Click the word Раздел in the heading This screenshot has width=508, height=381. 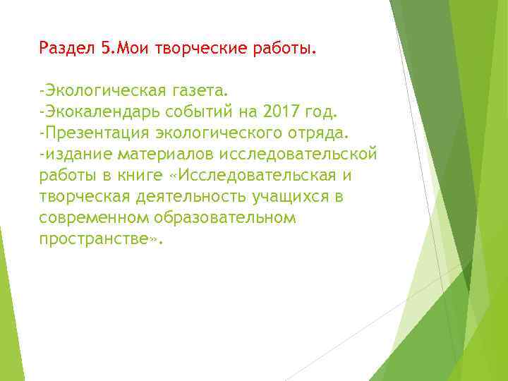pos(68,49)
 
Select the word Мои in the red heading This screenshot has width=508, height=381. pos(128,49)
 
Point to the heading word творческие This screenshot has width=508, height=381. pos(187,49)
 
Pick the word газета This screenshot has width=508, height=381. pos(200,91)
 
